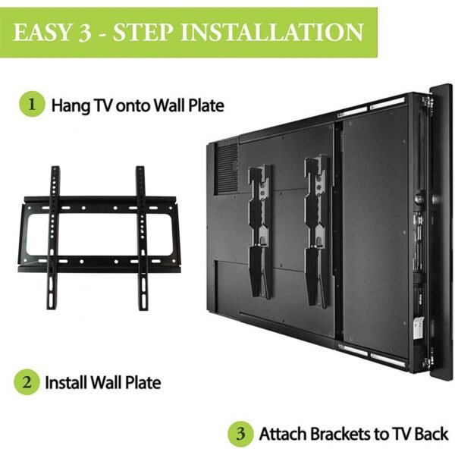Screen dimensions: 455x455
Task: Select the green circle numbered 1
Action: (32, 104)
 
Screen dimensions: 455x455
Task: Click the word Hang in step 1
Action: (66, 105)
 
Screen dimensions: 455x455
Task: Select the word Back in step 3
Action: (431, 435)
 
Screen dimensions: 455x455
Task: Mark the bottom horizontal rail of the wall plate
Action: (99, 265)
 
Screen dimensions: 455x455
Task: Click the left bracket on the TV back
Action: (260, 227)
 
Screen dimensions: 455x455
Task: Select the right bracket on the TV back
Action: (315, 227)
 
